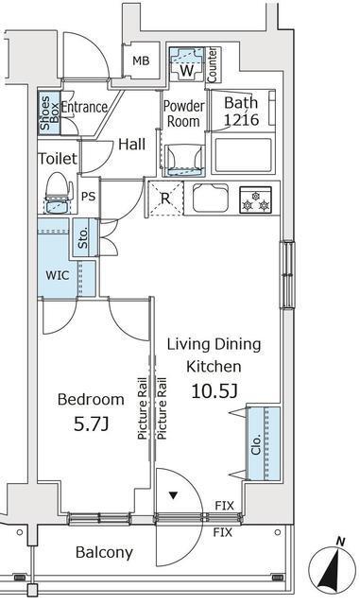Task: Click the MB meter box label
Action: coord(141,60)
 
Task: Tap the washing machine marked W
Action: coord(187,63)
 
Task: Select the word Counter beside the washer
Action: coord(213,65)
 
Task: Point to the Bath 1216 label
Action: coord(242,112)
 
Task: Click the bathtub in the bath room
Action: coord(243,155)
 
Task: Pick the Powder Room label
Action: coord(183,113)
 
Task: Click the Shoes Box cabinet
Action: coord(49,112)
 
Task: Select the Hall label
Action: coord(132,145)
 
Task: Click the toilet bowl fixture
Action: coord(59,192)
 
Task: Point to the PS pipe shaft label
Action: coord(89,197)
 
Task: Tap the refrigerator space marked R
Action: coord(165,199)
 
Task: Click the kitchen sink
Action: coord(211,198)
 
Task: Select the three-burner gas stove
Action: coord(255,199)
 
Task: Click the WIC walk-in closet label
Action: coord(58,275)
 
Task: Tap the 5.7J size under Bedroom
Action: coord(91,424)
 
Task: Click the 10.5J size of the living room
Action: coord(214,391)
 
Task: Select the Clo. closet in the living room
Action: coord(264,443)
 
